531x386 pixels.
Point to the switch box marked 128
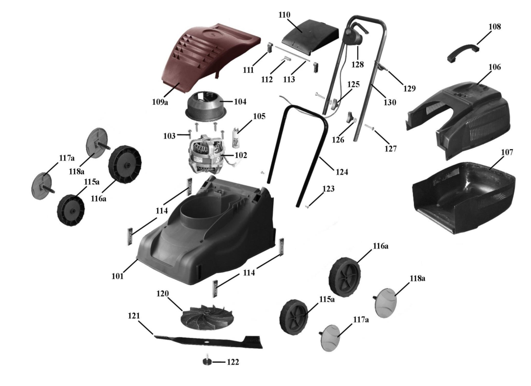click(355, 37)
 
